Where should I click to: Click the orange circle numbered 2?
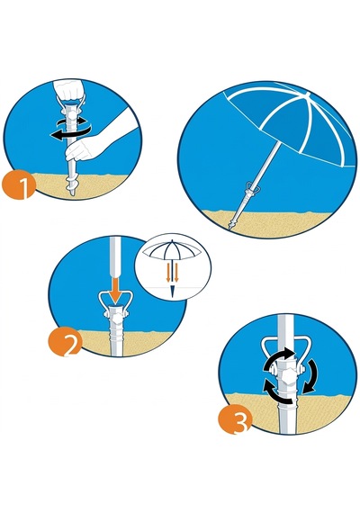point(65,342)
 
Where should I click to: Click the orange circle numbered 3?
point(235,419)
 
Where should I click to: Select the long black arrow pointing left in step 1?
point(70,133)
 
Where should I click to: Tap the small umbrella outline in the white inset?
point(173,250)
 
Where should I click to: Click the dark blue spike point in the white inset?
point(172,292)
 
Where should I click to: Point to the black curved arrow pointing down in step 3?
point(310,376)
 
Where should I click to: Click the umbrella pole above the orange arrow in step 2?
point(115,257)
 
